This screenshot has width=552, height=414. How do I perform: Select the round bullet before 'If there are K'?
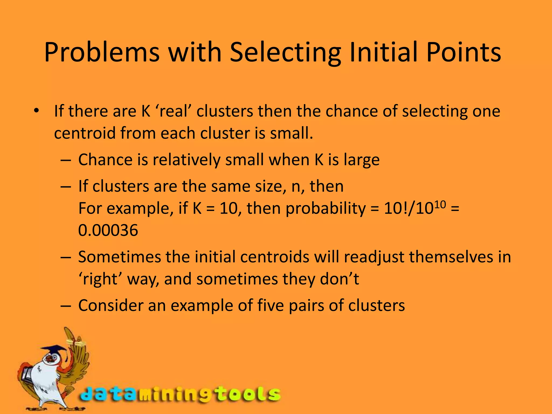pos(36,111)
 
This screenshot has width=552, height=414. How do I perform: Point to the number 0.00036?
pos(108,230)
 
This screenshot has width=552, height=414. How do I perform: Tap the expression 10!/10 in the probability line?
pos(408,208)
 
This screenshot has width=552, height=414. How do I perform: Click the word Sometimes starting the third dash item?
pos(119,257)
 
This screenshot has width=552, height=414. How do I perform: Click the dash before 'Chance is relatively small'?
pos(65,160)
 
